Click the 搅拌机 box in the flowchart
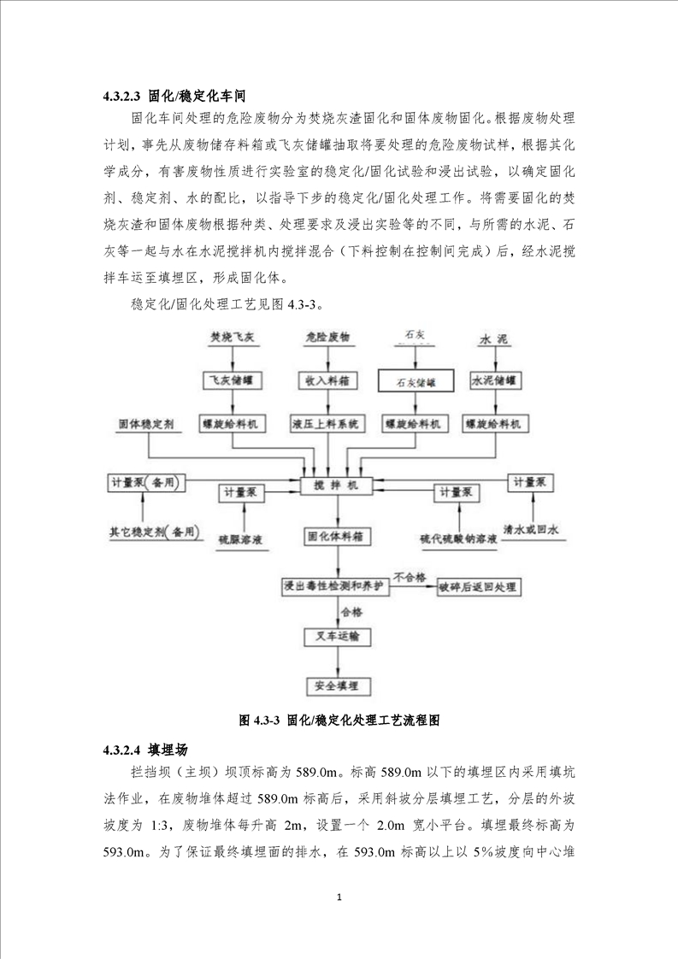[338, 485]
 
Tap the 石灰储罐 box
[415, 382]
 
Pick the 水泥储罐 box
[497, 378]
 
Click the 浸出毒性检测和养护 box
[335, 586]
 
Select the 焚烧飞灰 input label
[232, 338]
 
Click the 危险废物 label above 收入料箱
[327, 338]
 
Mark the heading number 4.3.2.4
[123, 750]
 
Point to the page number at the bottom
[339, 897]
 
